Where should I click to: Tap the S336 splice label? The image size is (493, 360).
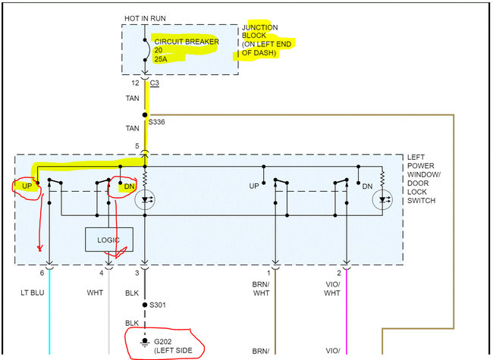point(157,121)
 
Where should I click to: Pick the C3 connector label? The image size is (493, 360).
point(155,83)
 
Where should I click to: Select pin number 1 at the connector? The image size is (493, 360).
point(268,271)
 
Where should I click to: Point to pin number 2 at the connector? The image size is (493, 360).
point(340,271)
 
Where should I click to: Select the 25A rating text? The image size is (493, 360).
point(162,56)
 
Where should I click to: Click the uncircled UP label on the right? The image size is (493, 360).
point(253,185)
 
